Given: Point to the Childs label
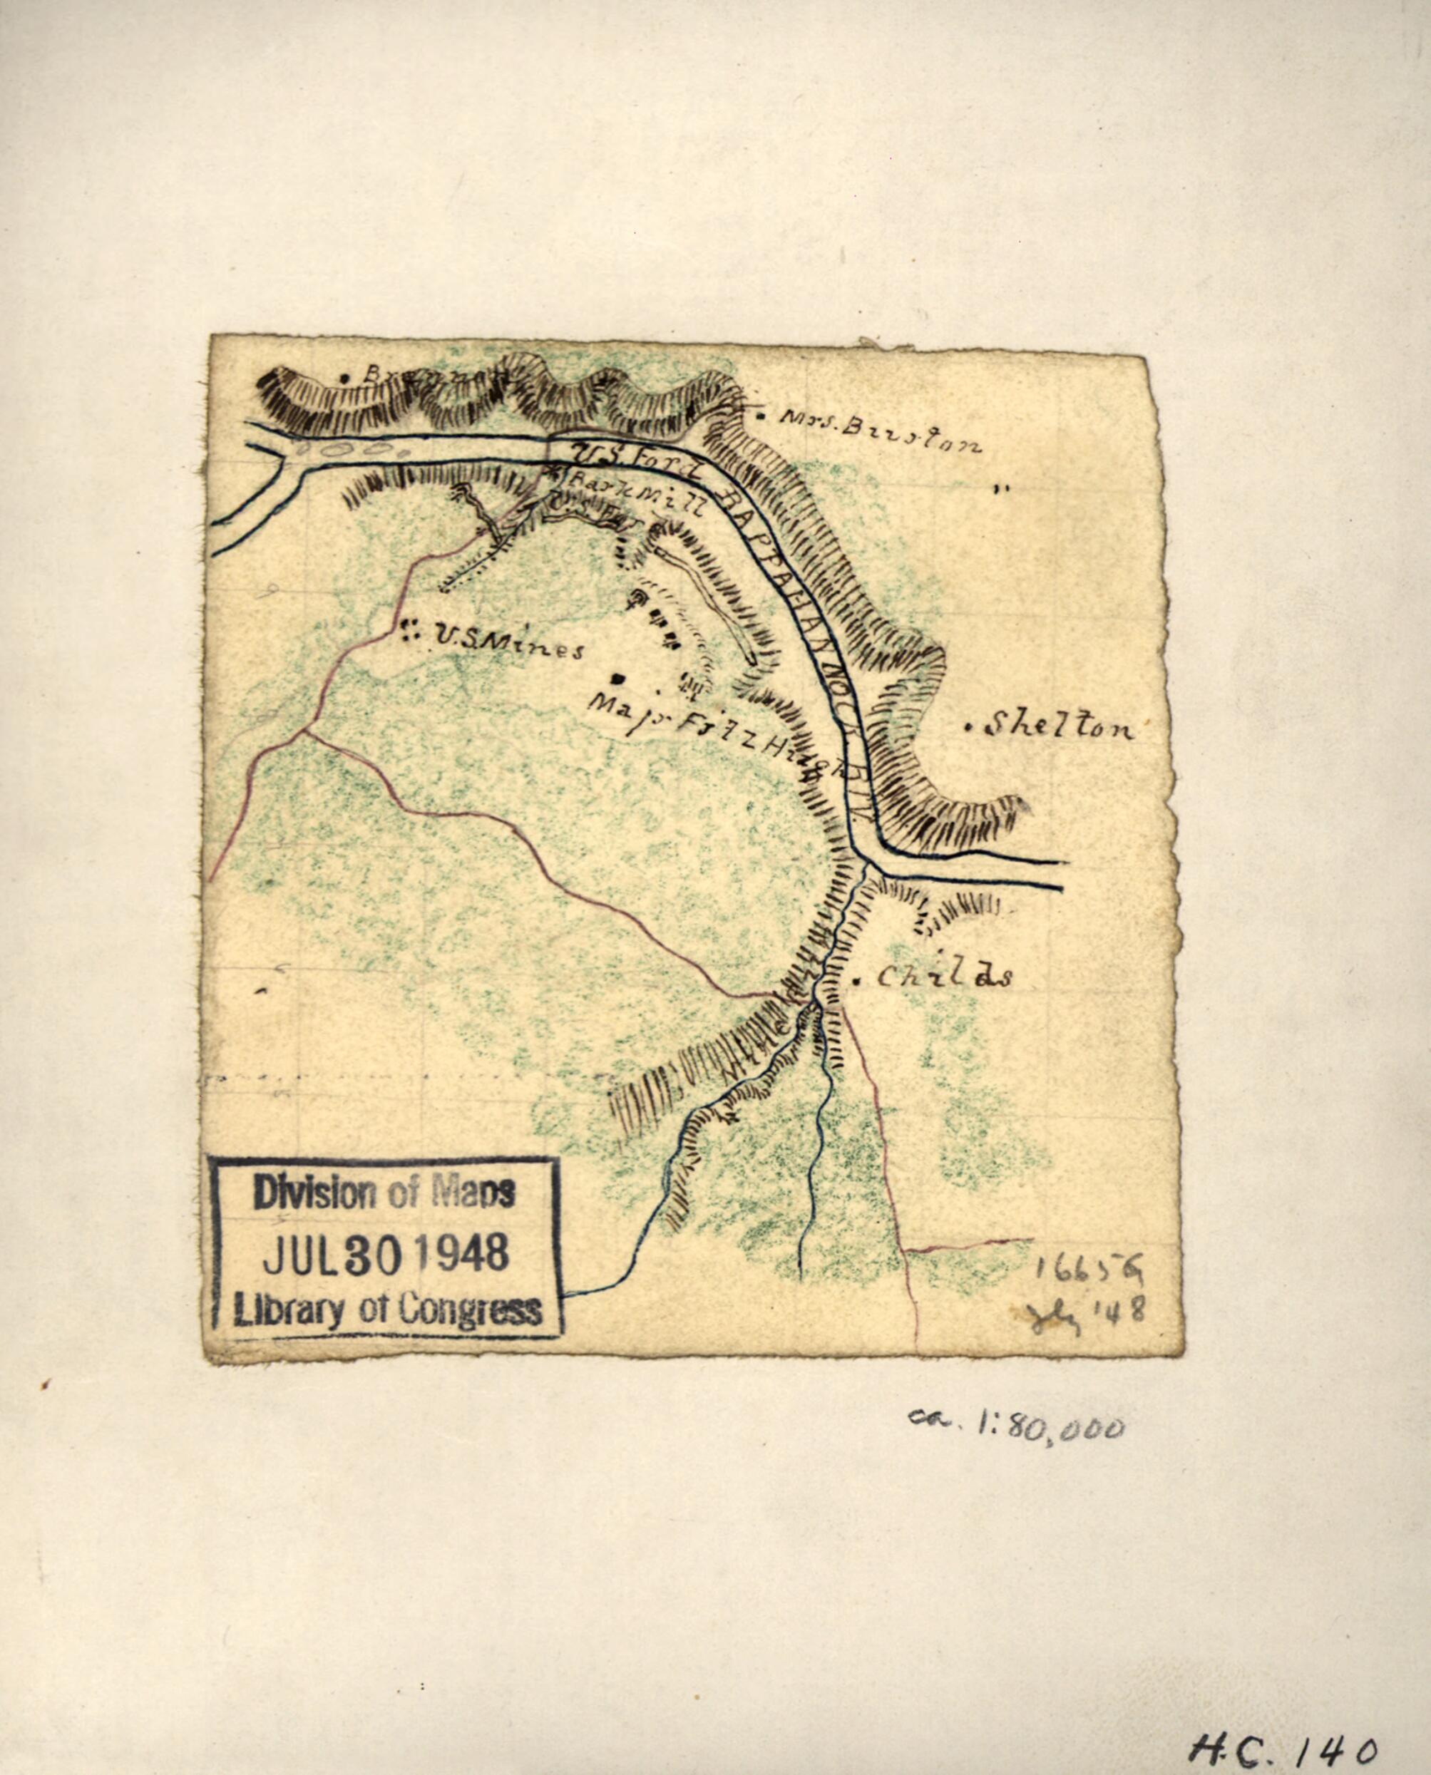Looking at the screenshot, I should coord(944,977).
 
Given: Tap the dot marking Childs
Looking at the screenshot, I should coord(857,981).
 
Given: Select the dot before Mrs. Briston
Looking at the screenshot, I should coord(760,416).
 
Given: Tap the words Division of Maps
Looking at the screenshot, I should coord(384,1193).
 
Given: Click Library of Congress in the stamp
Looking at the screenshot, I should coord(387,1310).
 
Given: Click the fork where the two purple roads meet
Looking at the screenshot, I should coord(305,730).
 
